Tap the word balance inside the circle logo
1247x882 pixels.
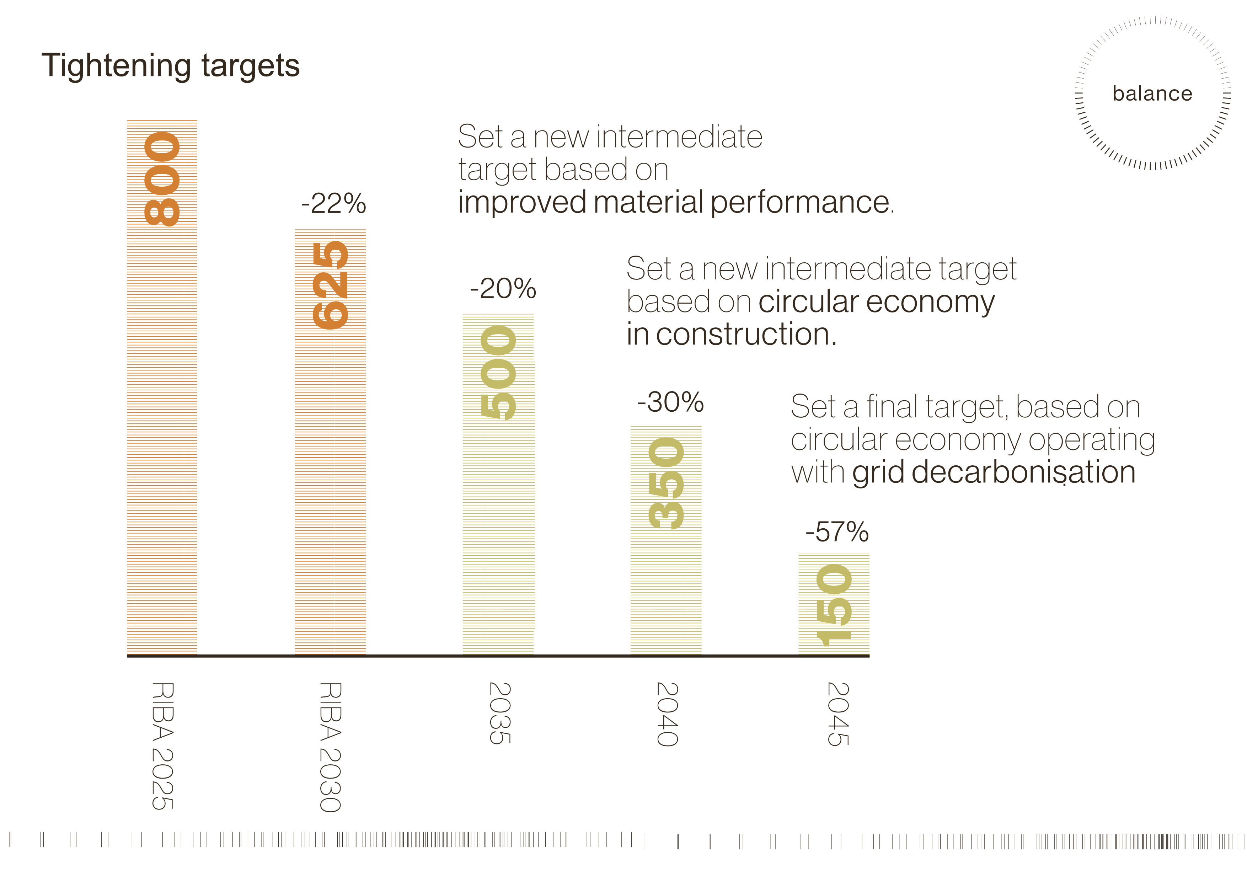[1152, 93]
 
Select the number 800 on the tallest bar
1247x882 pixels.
[162, 179]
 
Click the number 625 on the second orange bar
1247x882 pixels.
[330, 285]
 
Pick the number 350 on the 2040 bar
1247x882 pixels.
[666, 483]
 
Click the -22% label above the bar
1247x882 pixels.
[333, 204]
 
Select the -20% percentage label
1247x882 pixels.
[503, 288]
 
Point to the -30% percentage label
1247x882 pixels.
[670, 402]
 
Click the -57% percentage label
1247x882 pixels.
[837, 532]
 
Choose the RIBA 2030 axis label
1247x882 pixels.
[330, 747]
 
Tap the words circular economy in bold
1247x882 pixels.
[876, 301]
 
